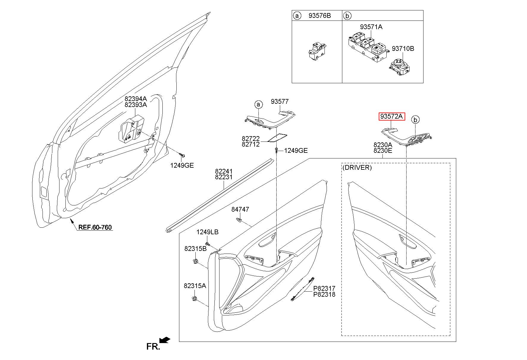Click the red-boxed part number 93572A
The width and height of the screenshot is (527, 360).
click(392, 117)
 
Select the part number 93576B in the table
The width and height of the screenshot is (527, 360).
click(319, 15)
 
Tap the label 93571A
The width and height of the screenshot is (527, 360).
click(371, 27)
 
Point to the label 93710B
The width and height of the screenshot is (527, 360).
click(403, 48)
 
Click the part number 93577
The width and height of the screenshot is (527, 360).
click(280, 102)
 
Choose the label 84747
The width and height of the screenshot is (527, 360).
click(240, 210)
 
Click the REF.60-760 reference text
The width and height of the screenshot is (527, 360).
click(95, 227)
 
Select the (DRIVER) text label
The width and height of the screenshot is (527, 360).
click(357, 167)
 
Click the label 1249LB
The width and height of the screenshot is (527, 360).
click(207, 232)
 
